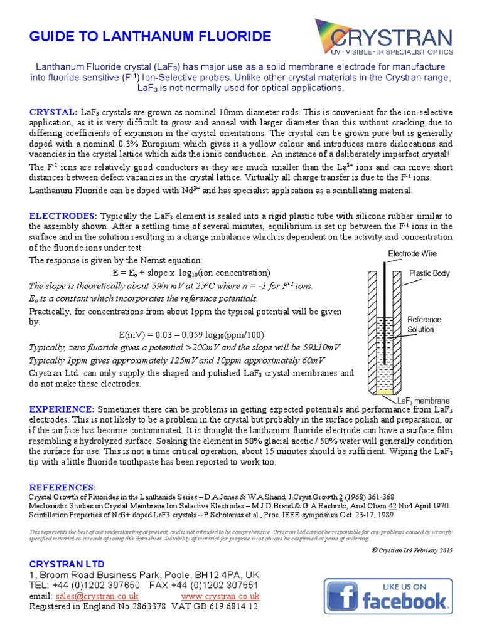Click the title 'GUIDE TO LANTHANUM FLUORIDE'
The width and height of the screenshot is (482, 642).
pyautogui.click(x=150, y=36)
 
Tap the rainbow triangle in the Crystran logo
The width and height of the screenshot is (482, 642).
pyautogui.click(x=332, y=34)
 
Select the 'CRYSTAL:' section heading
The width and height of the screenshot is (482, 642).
pyautogui.click(x=53, y=112)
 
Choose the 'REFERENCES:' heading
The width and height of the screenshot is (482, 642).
pyautogui.click(x=63, y=487)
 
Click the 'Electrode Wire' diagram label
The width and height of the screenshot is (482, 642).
pyautogui.click(x=412, y=254)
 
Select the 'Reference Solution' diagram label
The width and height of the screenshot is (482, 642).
pyautogui.click(x=424, y=324)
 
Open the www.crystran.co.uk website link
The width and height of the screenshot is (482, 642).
pyautogui.click(x=220, y=596)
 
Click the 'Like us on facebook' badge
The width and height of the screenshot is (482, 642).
pyautogui.click(x=388, y=596)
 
